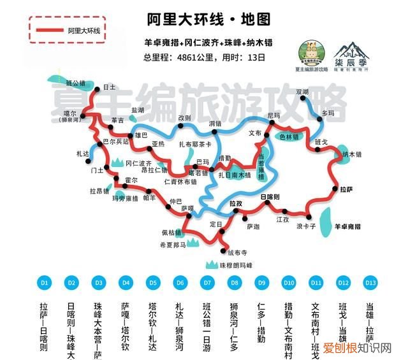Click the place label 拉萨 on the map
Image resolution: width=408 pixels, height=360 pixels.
(346, 189)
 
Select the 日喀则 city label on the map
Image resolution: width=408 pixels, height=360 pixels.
(270, 198)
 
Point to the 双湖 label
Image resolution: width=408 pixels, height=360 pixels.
(320, 92)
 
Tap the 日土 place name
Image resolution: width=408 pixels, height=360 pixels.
(109, 87)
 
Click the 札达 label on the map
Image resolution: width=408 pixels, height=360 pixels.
(82, 154)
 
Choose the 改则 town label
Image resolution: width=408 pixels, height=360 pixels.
(185, 117)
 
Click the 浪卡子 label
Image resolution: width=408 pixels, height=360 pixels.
(306, 226)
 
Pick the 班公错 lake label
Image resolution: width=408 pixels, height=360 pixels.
(75, 83)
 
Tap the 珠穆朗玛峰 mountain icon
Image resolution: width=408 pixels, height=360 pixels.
(209, 264)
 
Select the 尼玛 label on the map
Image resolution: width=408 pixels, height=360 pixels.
(274, 115)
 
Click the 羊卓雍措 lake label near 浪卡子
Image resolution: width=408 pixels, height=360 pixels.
(348, 226)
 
